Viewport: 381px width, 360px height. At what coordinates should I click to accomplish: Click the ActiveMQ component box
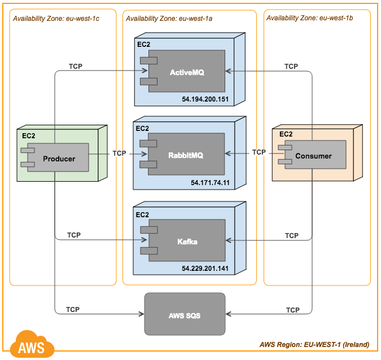click(x=186, y=72)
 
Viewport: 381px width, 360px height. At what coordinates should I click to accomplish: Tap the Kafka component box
click(x=186, y=242)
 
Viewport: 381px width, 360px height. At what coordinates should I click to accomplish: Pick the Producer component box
click(x=59, y=158)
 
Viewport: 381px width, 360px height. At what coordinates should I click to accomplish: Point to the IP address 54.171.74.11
click(x=210, y=183)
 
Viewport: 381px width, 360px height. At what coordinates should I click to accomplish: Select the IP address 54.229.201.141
click(x=205, y=269)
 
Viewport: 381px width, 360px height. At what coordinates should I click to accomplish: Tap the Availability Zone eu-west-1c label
click(x=56, y=18)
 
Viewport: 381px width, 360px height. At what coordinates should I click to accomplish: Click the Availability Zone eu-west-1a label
click(x=169, y=18)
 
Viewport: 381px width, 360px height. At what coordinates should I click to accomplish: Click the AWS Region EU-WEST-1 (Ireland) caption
click(x=314, y=344)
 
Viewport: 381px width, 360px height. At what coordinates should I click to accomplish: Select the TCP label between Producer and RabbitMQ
click(x=119, y=153)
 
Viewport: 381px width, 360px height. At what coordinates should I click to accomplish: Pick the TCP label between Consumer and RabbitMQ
click(x=259, y=152)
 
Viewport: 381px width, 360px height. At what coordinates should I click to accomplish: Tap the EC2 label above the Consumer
click(x=286, y=134)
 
